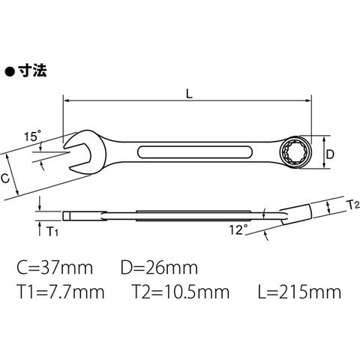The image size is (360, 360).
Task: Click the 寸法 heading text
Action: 32,70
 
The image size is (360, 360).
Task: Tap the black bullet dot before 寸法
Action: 10,72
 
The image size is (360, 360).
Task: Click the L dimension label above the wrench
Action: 189,94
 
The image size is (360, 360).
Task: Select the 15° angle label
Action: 32,136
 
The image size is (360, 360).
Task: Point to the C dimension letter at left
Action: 5,178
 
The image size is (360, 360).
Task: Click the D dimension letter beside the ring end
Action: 330,154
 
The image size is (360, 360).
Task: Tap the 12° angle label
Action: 238,229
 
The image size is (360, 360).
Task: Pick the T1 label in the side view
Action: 52,232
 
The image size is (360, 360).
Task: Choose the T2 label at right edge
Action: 353,205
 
